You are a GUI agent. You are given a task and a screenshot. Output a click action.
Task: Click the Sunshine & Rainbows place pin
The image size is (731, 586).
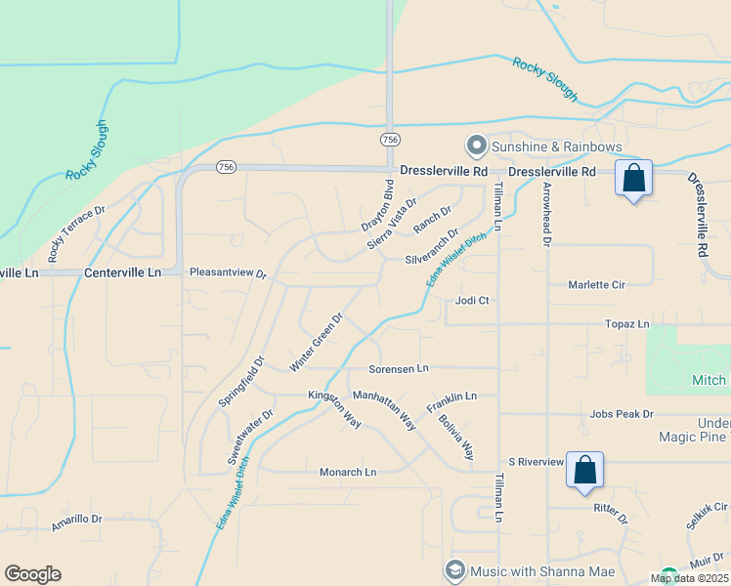(477, 146)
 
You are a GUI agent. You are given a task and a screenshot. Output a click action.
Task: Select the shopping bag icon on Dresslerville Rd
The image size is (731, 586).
(633, 179)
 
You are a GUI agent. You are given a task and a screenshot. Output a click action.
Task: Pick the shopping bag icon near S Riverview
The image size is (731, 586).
(585, 470)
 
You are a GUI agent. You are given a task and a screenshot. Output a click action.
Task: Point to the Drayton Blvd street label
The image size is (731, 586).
(377, 206)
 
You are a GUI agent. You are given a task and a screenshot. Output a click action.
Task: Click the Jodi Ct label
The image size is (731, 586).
(472, 301)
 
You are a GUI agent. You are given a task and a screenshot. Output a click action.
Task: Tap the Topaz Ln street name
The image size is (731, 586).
(627, 323)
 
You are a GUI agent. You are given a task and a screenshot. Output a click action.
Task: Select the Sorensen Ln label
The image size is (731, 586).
(399, 369)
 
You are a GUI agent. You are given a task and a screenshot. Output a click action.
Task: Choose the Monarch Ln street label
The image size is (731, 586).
(348, 473)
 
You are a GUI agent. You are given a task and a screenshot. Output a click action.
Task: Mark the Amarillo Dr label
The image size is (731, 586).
(76, 520)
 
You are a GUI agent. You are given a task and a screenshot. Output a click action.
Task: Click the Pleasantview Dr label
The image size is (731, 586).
(228, 273)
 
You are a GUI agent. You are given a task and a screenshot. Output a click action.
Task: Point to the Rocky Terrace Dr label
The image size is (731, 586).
(75, 235)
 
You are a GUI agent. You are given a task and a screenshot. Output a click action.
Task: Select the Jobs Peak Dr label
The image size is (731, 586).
(622, 414)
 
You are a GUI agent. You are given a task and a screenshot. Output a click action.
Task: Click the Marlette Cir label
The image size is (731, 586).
(597, 285)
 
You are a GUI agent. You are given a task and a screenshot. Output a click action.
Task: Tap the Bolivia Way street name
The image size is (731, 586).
(456, 439)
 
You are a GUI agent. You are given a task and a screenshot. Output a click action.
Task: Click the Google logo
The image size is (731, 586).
(32, 574)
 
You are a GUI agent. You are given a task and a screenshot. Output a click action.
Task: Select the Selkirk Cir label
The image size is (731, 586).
(707, 508)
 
